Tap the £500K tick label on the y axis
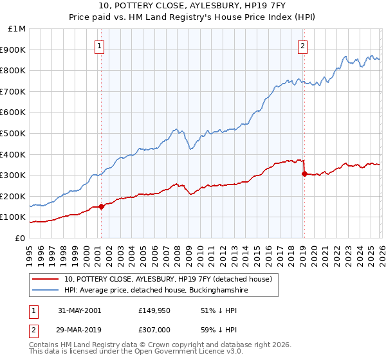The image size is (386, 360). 14,133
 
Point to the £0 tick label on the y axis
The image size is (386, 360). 21,238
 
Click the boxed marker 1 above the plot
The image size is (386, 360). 101,46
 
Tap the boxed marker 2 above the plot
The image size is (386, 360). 302,46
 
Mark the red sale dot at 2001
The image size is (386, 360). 102,206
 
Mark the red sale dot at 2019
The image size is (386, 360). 304,174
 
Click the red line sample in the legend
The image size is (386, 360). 45,279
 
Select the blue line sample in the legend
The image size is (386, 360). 45,290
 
